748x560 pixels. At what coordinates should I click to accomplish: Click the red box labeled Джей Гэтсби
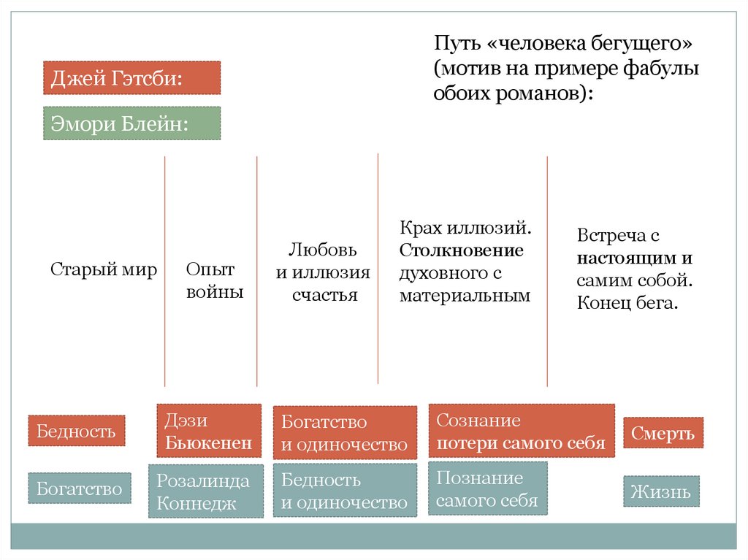pyautogui.click(x=131, y=78)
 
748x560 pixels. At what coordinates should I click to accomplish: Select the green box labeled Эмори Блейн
pyautogui.click(x=131, y=123)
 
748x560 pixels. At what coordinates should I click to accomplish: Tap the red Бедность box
pyautogui.click(x=77, y=431)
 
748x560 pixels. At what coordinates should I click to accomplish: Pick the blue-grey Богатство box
pyautogui.click(x=80, y=488)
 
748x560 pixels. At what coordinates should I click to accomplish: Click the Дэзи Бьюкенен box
pyautogui.click(x=209, y=431)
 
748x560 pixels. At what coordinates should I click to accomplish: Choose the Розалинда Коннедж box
pyautogui.click(x=205, y=491)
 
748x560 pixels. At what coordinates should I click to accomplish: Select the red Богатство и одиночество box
pyautogui.click(x=345, y=433)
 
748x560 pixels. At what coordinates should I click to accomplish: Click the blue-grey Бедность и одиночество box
pyautogui.click(x=345, y=491)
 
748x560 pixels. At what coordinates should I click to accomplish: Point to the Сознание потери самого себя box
pyautogui.click(x=521, y=431)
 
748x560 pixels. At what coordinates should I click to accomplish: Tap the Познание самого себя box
pyautogui.click(x=487, y=488)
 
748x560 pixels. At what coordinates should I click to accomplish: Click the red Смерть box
pyautogui.click(x=663, y=434)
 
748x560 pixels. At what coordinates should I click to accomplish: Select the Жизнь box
pyautogui.click(x=661, y=491)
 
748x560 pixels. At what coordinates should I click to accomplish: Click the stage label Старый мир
pyautogui.click(x=104, y=269)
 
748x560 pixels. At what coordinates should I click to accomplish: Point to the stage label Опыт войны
pyautogui.click(x=210, y=281)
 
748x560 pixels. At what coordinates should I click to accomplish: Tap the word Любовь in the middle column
pyautogui.click(x=322, y=250)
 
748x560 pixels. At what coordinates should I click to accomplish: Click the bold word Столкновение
pyautogui.click(x=462, y=251)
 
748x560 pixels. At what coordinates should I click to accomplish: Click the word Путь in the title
pyautogui.click(x=454, y=45)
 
